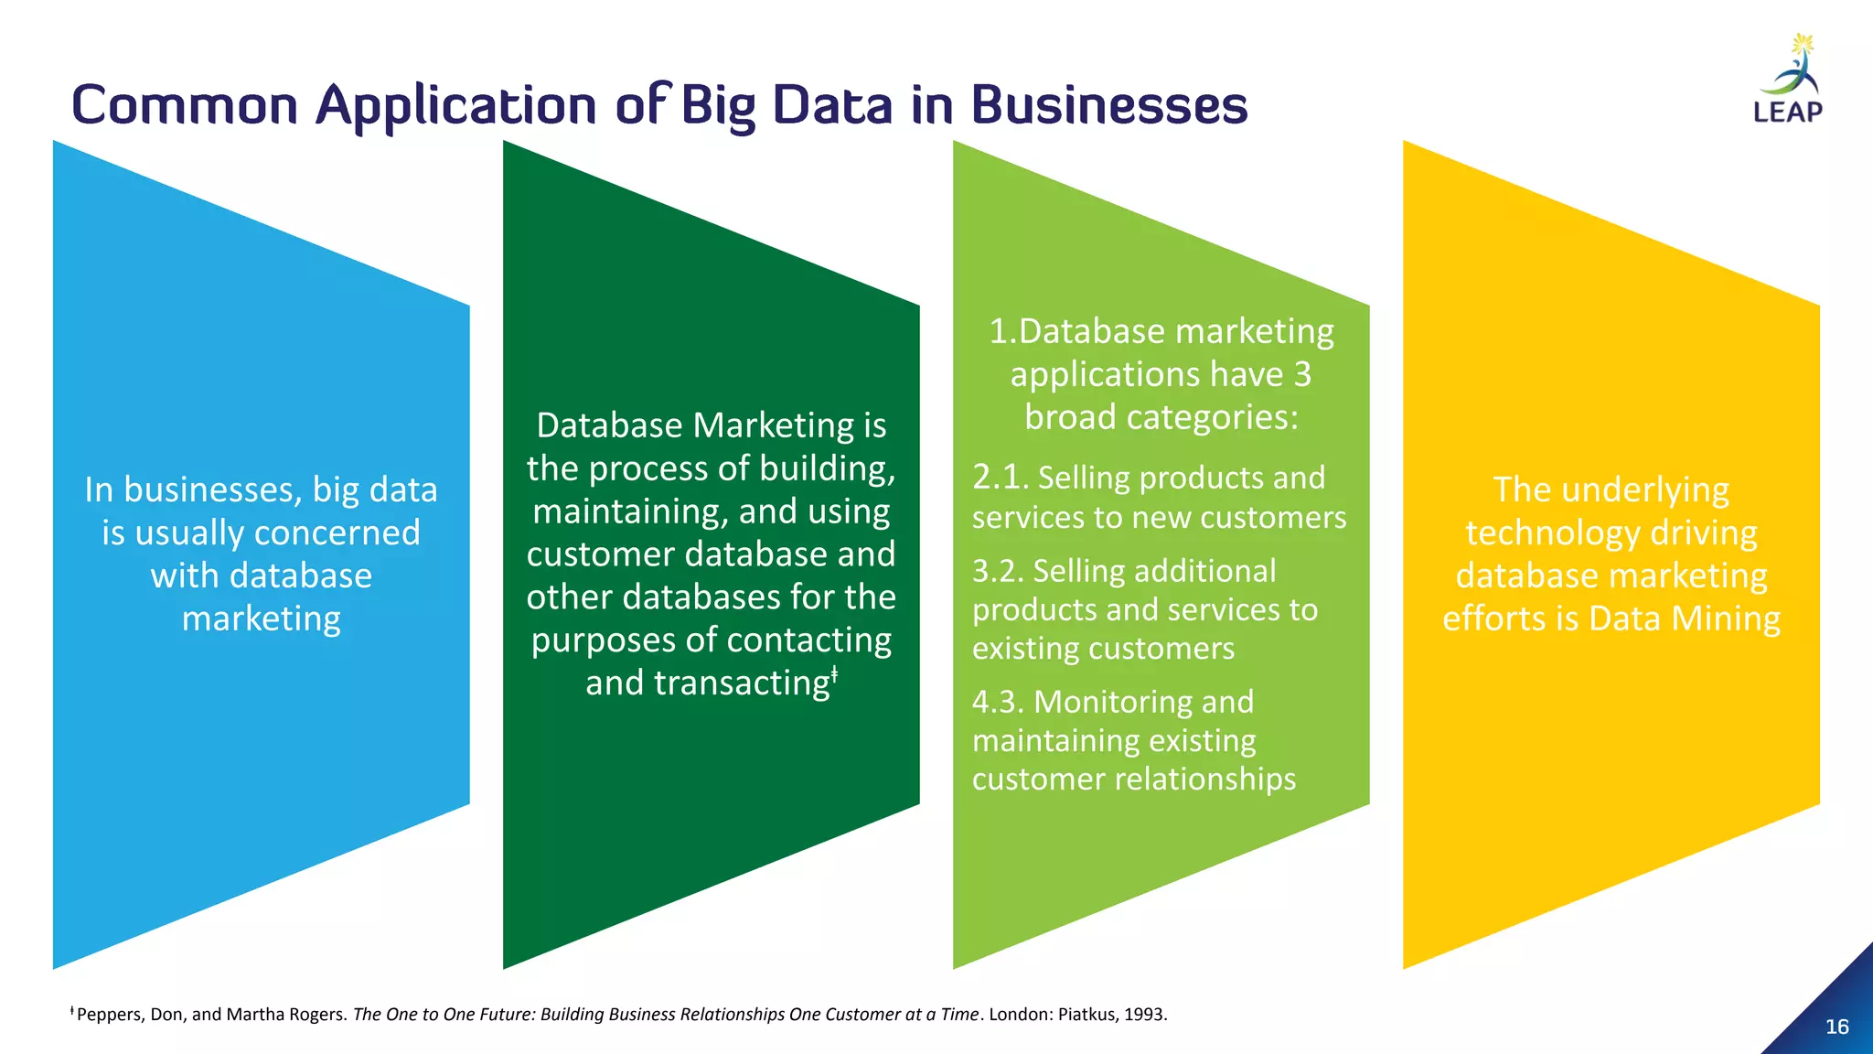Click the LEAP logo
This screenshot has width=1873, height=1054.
(x=1789, y=81)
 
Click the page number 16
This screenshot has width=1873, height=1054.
(x=1836, y=1027)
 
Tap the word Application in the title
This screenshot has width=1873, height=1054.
(x=455, y=106)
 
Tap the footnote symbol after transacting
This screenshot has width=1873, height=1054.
(x=835, y=675)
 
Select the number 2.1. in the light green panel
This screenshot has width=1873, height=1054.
(x=1001, y=478)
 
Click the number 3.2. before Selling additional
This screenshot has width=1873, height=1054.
(x=998, y=571)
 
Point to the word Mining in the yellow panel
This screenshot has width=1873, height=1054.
(x=1729, y=619)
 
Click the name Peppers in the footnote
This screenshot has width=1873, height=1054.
(x=107, y=1015)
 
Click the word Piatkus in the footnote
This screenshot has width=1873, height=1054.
(x=1086, y=1015)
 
